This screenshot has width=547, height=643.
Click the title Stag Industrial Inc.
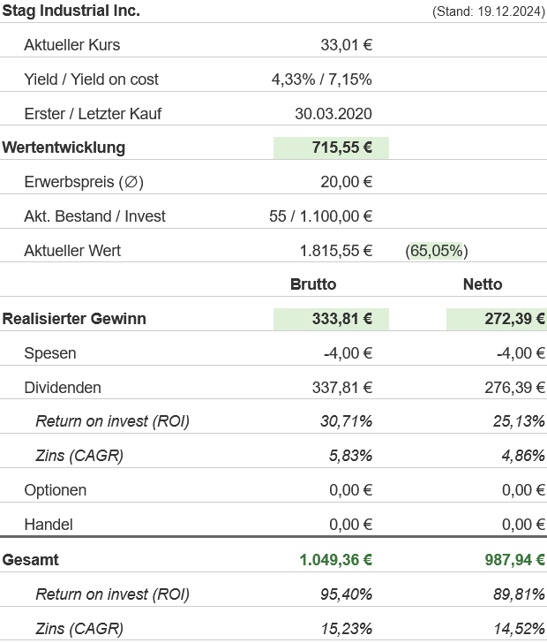(x=71, y=11)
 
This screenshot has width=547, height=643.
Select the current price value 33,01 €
(x=346, y=45)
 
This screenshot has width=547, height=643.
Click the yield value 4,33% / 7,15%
(x=321, y=79)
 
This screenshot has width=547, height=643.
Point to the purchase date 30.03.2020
(x=333, y=114)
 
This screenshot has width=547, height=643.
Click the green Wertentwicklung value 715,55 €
(x=341, y=148)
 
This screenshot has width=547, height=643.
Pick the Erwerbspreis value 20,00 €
(x=346, y=183)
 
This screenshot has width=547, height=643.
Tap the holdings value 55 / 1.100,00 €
(x=320, y=216)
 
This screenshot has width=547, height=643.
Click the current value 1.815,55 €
(x=335, y=251)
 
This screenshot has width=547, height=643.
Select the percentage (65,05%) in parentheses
(x=437, y=251)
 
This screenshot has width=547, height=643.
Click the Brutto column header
(x=313, y=284)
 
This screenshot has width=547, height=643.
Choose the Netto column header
(x=483, y=284)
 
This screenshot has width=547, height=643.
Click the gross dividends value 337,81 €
(x=341, y=388)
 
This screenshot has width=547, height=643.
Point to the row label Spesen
(x=50, y=353)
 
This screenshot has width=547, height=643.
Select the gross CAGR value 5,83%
(x=349, y=456)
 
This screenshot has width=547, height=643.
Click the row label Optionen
(x=56, y=490)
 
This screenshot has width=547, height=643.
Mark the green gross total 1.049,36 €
(x=335, y=560)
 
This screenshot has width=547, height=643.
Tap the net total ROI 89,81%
(x=519, y=594)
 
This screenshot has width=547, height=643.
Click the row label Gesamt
(x=31, y=560)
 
